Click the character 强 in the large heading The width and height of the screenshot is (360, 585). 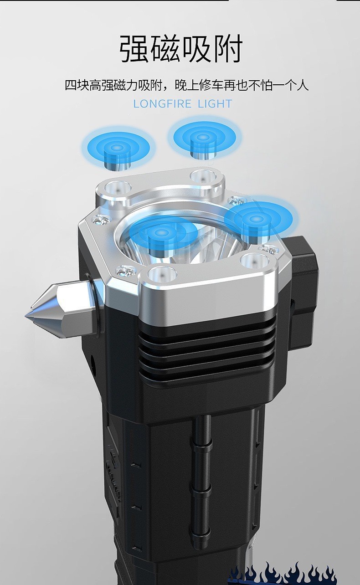pyautogui.click(x=134, y=49)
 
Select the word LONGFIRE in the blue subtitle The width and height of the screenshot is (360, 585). pyautogui.click(x=162, y=104)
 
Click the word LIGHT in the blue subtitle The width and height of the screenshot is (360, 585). pyautogui.click(x=215, y=104)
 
